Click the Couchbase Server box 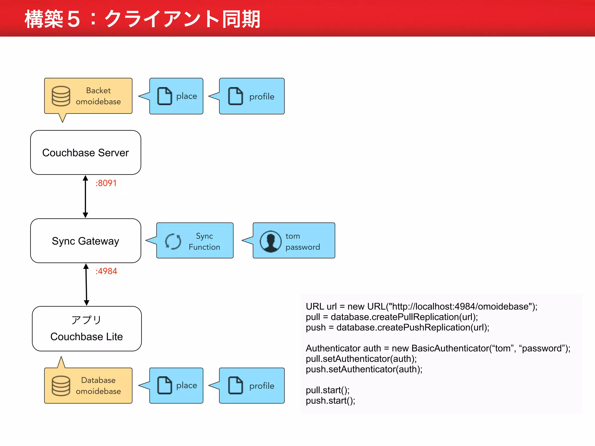[85, 152]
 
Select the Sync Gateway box [85, 241]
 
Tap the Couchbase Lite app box [87, 328]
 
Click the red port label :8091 [106, 183]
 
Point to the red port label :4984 [106, 271]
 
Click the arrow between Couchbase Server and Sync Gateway [85, 197]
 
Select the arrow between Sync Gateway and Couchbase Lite [86, 285]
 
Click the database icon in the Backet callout [61, 96]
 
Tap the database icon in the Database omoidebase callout [61, 386]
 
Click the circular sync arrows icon [173, 241]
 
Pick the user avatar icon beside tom [270, 241]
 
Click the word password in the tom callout [303, 247]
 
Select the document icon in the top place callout [165, 96]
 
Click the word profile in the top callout [262, 97]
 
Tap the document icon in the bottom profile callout [236, 385]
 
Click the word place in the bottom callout [187, 385]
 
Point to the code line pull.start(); [327, 390]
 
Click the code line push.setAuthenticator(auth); [364, 369]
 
